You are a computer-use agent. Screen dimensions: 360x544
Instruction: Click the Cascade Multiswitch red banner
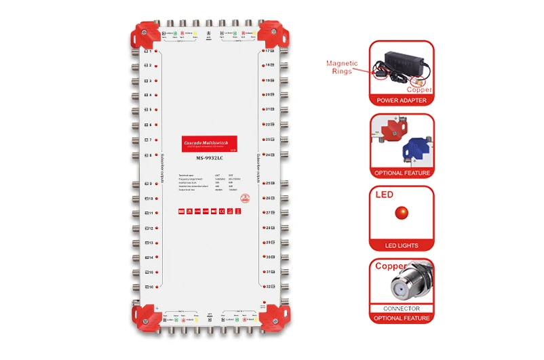click(210, 144)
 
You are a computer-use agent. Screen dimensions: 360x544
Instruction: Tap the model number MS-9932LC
click(210, 159)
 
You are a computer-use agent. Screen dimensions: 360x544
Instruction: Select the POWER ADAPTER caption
click(402, 100)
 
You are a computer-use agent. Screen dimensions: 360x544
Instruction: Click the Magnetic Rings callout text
click(342, 67)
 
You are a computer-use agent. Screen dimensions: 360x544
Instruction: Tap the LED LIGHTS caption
click(402, 245)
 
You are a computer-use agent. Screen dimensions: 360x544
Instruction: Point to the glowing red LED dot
click(402, 212)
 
